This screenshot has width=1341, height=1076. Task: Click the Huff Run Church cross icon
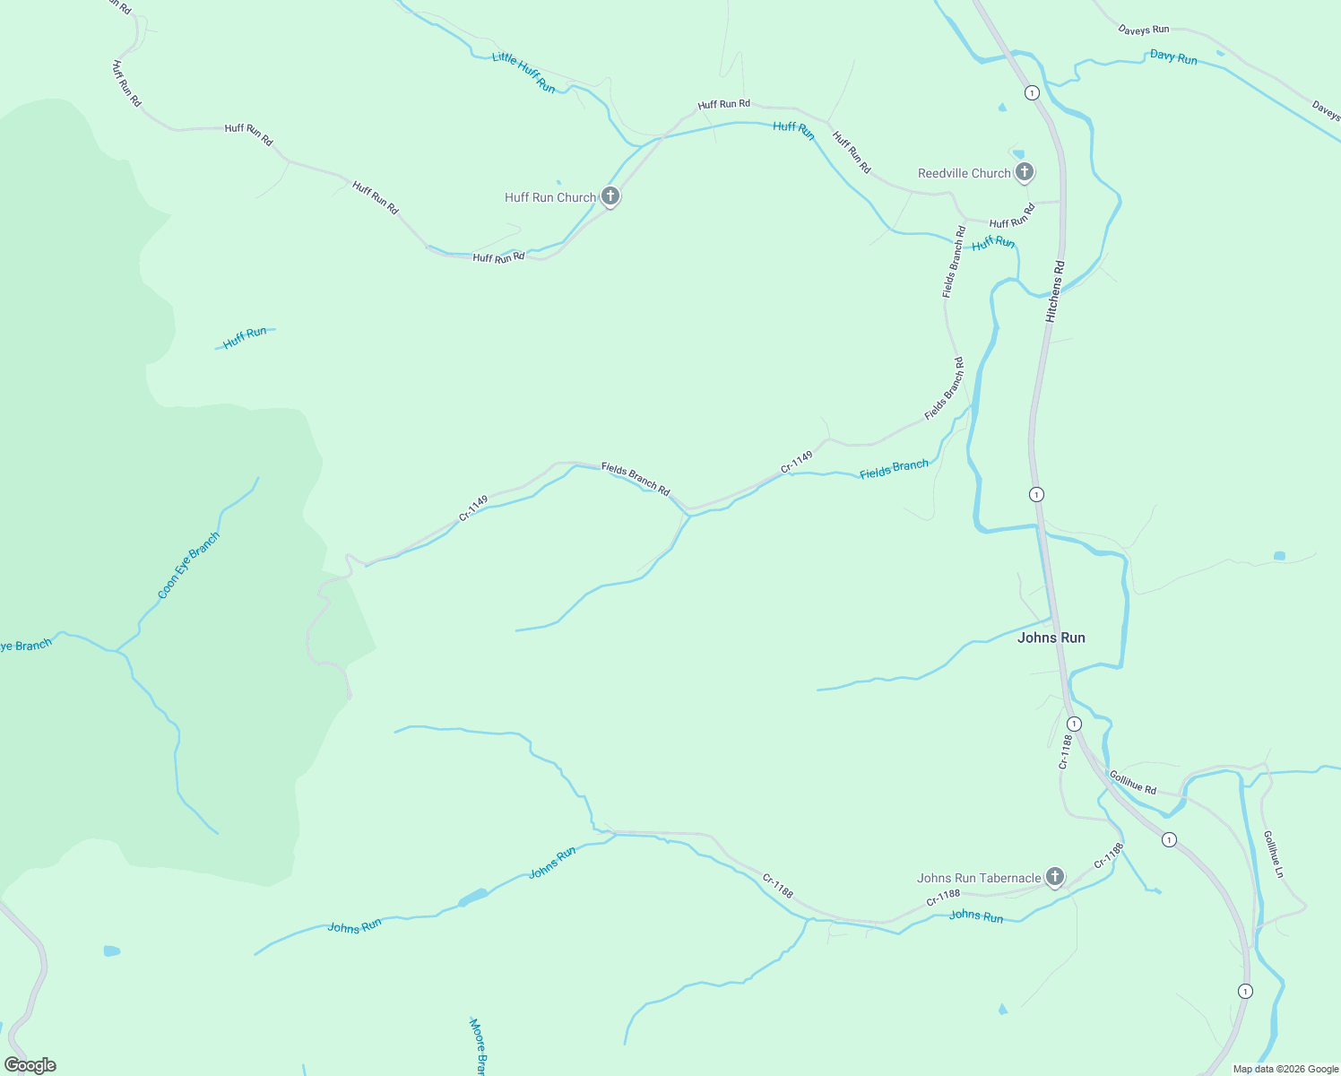tap(610, 196)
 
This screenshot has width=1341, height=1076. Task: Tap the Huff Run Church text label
tap(549, 197)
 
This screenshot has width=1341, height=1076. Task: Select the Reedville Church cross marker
tap(1025, 172)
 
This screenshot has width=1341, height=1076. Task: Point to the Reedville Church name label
tap(964, 173)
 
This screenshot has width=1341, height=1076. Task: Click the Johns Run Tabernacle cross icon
tap(1055, 877)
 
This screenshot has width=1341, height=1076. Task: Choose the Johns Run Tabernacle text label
tap(979, 878)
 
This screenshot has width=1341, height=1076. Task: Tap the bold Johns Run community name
tap(1051, 638)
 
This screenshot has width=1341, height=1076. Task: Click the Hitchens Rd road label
tap(1055, 292)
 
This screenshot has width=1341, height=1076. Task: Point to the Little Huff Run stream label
tap(523, 72)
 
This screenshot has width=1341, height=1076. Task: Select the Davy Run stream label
tap(1173, 57)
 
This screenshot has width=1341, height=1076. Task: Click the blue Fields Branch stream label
tap(894, 469)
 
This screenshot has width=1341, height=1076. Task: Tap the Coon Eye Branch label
tap(188, 566)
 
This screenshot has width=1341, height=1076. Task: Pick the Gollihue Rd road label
tap(1133, 782)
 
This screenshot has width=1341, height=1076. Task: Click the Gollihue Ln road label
tap(1274, 854)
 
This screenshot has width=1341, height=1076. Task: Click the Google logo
tap(30, 1065)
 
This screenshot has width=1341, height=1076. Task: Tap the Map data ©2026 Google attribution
tap(1285, 1069)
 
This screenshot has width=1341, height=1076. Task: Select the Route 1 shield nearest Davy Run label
tap(1032, 92)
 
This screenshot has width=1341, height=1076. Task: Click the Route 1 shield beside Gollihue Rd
tap(1169, 839)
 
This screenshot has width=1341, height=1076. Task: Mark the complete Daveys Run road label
tap(1144, 30)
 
